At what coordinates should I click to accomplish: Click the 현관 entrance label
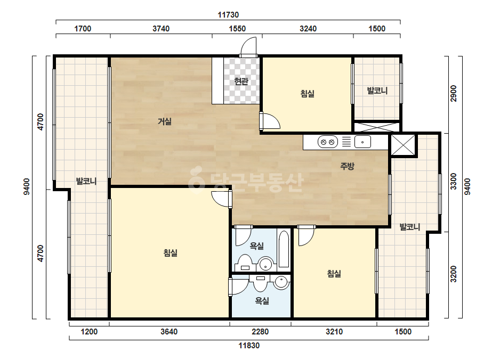click(x=241, y=81)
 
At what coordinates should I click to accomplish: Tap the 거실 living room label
click(x=164, y=121)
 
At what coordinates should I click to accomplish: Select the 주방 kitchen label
click(x=347, y=166)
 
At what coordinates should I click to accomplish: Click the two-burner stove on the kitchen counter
click(x=328, y=142)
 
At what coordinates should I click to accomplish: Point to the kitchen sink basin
click(x=362, y=142)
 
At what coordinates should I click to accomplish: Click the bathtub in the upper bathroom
click(x=284, y=249)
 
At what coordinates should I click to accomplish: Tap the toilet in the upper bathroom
click(x=245, y=263)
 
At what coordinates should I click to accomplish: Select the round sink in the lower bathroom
click(x=281, y=282)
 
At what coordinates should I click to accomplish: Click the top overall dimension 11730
click(x=228, y=15)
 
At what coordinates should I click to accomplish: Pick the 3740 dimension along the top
click(x=161, y=29)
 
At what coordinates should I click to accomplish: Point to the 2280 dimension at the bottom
click(x=260, y=331)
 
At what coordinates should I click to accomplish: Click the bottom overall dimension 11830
click(x=249, y=346)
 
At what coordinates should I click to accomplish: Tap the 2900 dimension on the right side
click(x=454, y=93)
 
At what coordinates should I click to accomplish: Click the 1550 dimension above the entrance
click(x=237, y=29)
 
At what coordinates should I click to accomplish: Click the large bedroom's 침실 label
click(x=171, y=253)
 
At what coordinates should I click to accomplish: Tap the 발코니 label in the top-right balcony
click(x=377, y=91)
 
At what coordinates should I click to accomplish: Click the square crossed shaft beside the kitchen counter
click(x=403, y=145)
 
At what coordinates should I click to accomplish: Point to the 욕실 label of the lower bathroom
click(x=262, y=301)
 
